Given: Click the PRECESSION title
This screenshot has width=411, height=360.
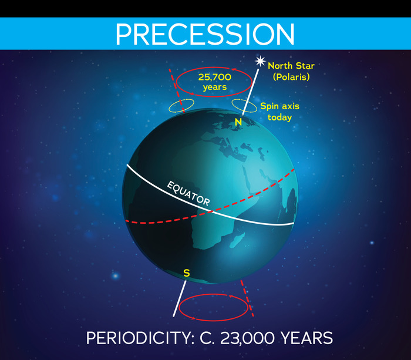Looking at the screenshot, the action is click(x=206, y=34).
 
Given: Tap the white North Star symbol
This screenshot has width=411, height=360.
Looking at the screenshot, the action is click(x=260, y=61).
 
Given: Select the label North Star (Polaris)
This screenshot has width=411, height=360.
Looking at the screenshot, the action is click(x=291, y=71).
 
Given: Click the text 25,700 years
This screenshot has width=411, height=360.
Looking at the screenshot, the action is click(x=215, y=82).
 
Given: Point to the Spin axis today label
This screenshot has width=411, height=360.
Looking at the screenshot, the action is click(x=279, y=112).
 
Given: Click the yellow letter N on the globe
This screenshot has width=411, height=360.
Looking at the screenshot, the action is click(x=238, y=122).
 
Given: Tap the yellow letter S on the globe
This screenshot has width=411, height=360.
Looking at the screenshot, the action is click(x=186, y=273).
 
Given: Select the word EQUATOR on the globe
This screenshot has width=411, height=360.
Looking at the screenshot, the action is click(x=188, y=193).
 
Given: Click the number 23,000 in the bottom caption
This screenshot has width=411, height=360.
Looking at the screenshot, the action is click(x=247, y=338).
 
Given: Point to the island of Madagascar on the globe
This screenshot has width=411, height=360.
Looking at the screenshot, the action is click(x=237, y=241).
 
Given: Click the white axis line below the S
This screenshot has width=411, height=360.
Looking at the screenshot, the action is click(x=180, y=299).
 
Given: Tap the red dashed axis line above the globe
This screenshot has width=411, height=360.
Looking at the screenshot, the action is click(x=177, y=90).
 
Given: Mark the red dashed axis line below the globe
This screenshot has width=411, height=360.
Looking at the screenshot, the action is click(x=247, y=298).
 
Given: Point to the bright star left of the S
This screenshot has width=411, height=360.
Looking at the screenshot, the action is click(x=115, y=276).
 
